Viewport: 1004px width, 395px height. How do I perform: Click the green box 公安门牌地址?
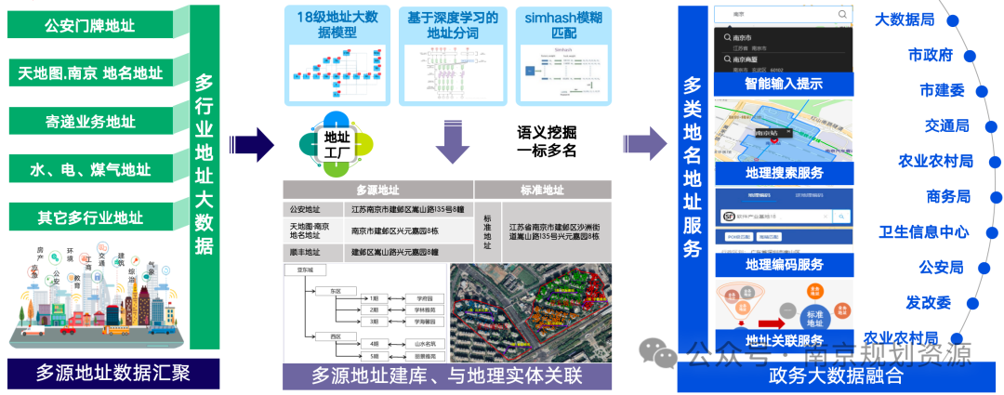[x=90, y=25]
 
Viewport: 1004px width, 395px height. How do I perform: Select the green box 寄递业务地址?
[x=90, y=121]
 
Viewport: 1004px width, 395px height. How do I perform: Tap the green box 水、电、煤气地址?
[x=90, y=170]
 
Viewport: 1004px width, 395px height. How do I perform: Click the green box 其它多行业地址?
[x=90, y=218]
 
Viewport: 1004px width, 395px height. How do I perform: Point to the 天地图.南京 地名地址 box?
[x=90, y=72]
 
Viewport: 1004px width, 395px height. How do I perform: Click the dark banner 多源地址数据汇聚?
[x=112, y=373]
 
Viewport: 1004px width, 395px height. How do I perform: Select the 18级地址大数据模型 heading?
[x=337, y=24]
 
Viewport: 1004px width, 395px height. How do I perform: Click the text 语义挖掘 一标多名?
[x=548, y=140]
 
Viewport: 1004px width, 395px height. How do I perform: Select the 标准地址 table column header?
[x=542, y=190]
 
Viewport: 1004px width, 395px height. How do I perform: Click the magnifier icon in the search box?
[x=841, y=15]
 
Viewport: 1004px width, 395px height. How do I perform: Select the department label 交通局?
[x=946, y=125]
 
